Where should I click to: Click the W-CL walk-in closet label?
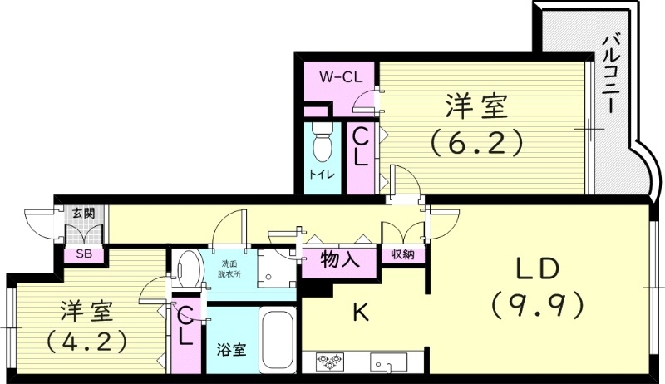(340, 76)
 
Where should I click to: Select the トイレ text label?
(322, 175)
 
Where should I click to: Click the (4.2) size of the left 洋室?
(86, 340)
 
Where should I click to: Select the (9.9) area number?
(541, 305)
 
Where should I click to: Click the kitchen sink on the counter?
(388, 362)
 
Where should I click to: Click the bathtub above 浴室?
(276, 340)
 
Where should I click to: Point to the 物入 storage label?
(340, 259)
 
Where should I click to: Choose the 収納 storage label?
(403, 254)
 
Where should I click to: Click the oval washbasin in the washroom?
(189, 270)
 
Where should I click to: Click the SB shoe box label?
(84, 254)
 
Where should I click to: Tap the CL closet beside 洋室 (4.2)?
(186, 327)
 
